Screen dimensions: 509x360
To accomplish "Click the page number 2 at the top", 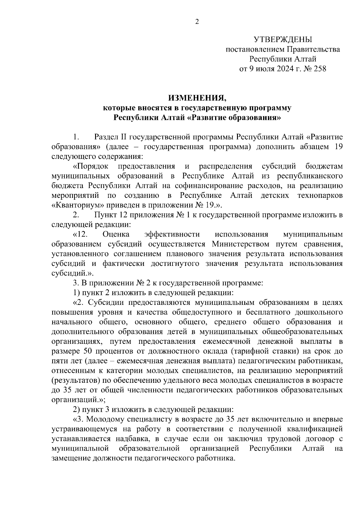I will point(197,22).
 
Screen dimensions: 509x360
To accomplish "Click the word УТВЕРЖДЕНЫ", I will point(283,39).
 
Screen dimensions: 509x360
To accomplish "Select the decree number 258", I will point(319,69).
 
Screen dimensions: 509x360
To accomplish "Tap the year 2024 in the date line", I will point(280,69).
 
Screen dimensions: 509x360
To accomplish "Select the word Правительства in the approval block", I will point(314,49).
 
